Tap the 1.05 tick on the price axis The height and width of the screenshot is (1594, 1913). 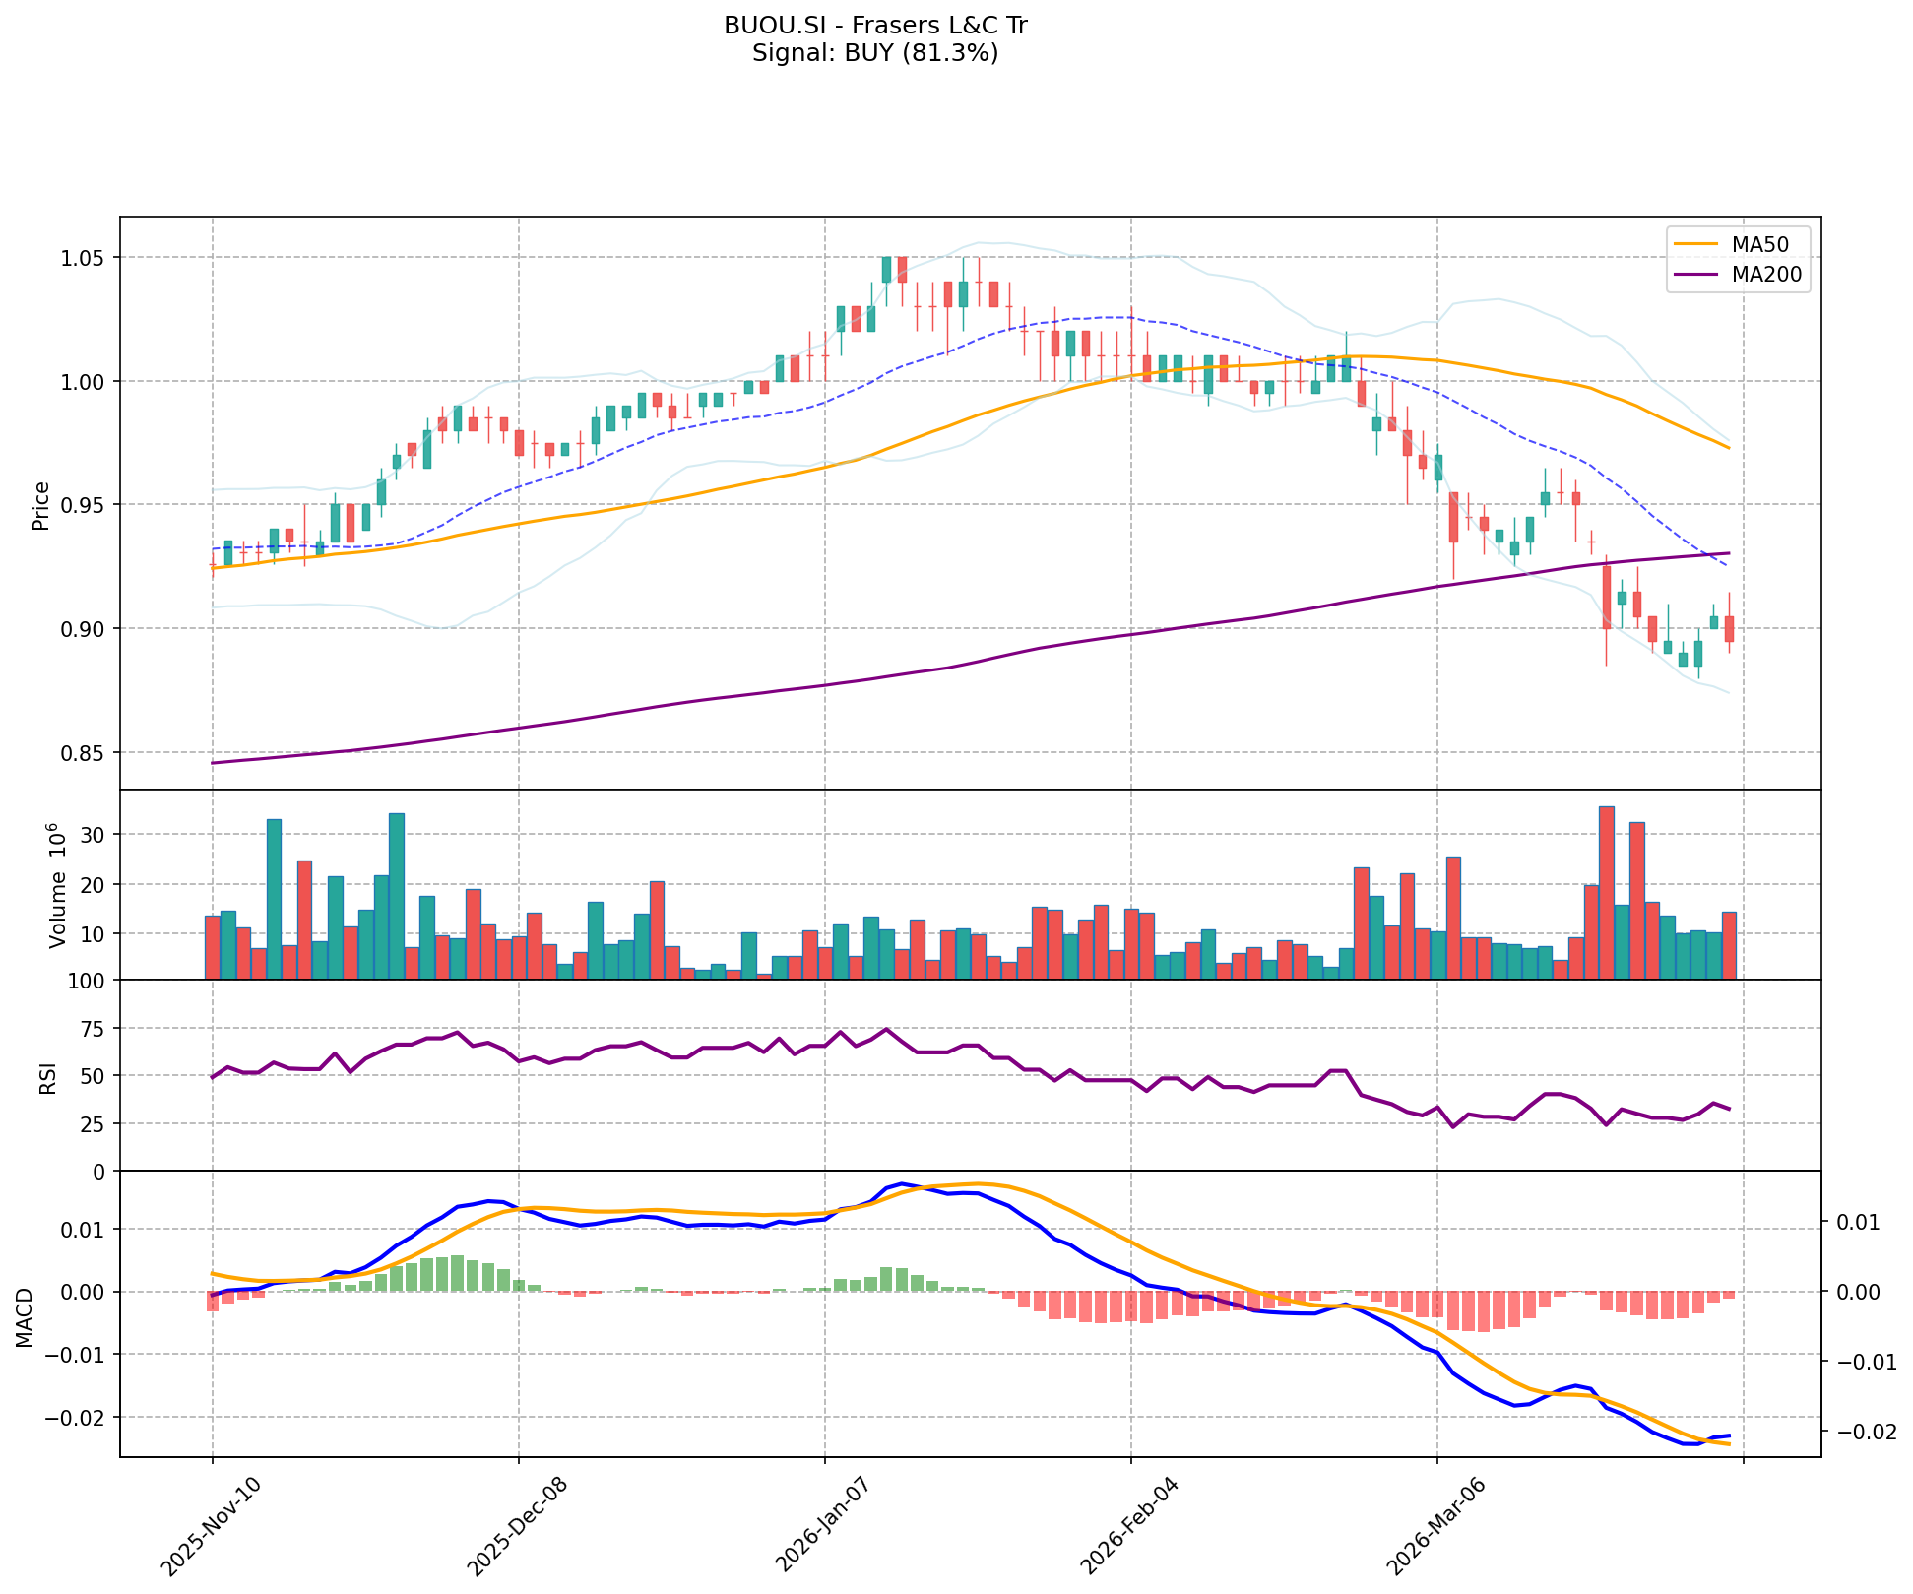coord(86,258)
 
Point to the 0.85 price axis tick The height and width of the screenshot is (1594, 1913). coord(86,753)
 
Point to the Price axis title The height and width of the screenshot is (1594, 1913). coord(41,505)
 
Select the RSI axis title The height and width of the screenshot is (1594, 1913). coord(47,1076)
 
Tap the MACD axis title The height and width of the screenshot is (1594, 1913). coord(24,1317)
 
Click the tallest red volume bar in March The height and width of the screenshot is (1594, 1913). coord(1606,892)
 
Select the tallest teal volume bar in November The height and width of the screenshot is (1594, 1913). coord(397,896)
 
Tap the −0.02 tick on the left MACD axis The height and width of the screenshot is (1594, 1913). coord(79,1418)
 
